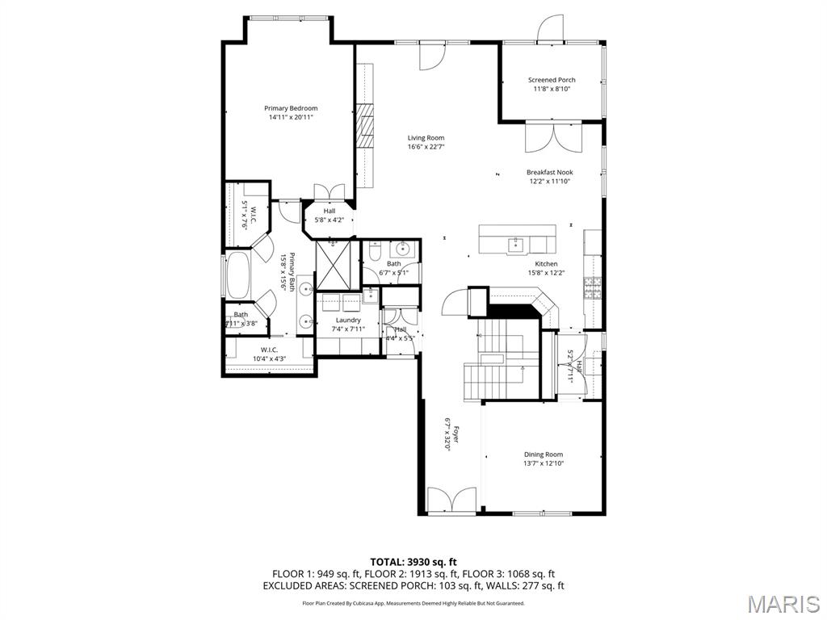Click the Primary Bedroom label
pyautogui.click(x=291, y=108)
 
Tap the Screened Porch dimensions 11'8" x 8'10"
pyautogui.click(x=552, y=90)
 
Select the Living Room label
pyautogui.click(x=426, y=138)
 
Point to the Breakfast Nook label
pyautogui.click(x=549, y=172)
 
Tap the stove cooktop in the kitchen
pyautogui.click(x=594, y=286)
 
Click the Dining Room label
pyautogui.click(x=543, y=455)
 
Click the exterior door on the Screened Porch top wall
pyautogui.click(x=552, y=29)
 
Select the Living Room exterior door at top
pyautogui.click(x=430, y=55)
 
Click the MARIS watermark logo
pyautogui.click(x=783, y=603)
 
